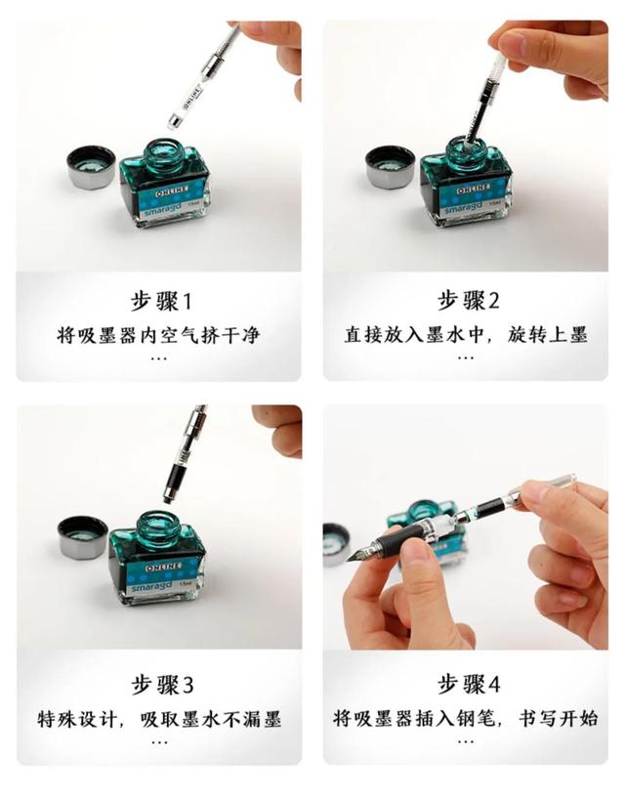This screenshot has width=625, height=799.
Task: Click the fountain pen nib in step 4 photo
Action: click(358, 552)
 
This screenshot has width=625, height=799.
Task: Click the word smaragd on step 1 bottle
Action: click(162, 208)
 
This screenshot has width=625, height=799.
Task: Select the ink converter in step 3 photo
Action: click(186, 449)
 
